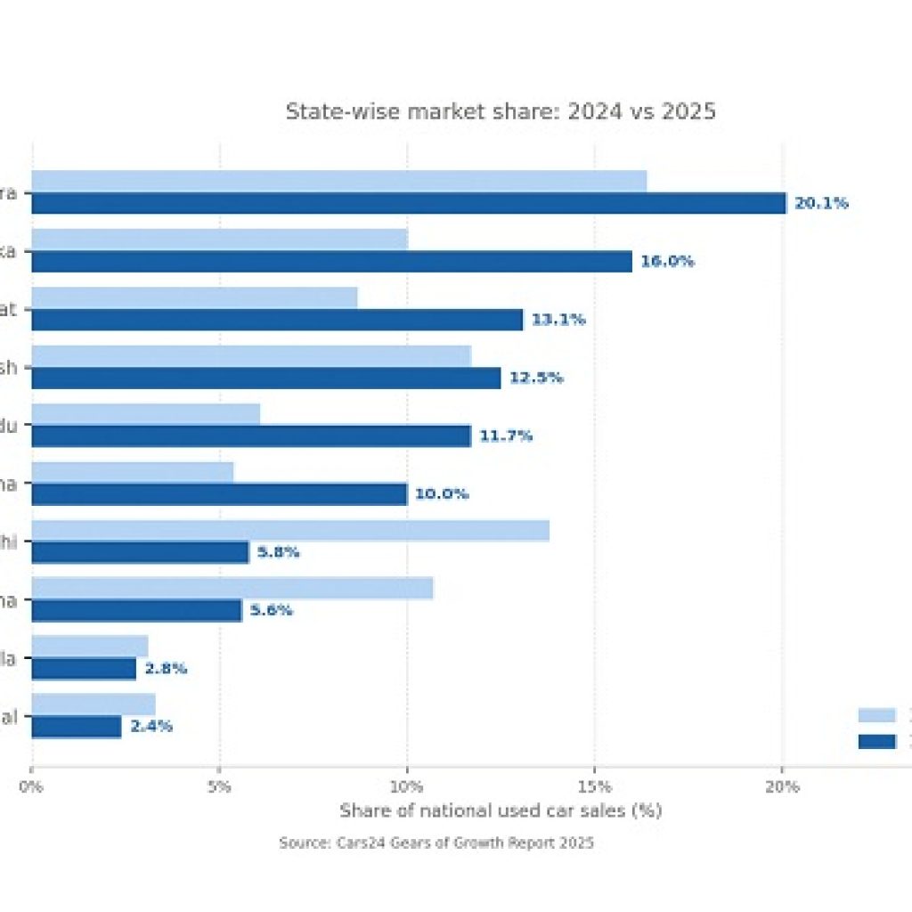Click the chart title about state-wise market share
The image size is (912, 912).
pos(501,112)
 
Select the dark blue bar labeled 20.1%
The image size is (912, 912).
pos(409,203)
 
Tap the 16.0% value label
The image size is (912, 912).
pos(667,261)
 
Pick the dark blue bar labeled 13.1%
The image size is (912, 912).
pos(277,320)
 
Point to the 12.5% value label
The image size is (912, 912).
pos(536,378)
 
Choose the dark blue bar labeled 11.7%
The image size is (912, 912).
pos(251,436)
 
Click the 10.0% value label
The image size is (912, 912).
pos(442,494)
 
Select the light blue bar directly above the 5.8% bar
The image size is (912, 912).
pos(290,531)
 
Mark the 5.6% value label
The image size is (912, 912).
pos(272,611)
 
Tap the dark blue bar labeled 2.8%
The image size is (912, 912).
pos(84,669)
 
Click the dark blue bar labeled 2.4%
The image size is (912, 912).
pos(77,727)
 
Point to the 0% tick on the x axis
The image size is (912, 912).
pos(31,786)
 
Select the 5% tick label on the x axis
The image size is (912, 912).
pos(219,786)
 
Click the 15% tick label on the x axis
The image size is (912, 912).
pos(594,786)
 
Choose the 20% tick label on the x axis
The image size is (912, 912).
pos(782,786)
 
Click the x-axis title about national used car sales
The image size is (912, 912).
pos(501,811)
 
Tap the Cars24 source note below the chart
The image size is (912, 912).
pos(436,843)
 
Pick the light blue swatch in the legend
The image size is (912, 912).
pos(876,715)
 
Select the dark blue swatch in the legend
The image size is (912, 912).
pos(876,741)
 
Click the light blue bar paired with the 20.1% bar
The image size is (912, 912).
pos(338,181)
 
